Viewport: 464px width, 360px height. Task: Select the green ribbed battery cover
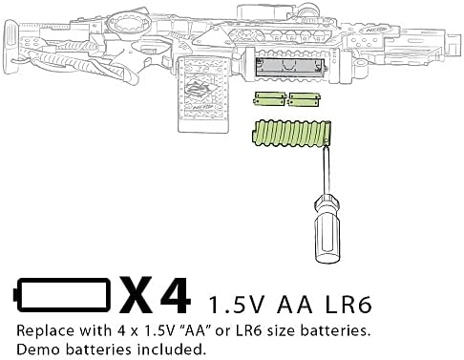click(291, 134)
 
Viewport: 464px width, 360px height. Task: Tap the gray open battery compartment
click(290, 68)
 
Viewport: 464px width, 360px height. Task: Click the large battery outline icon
click(62, 294)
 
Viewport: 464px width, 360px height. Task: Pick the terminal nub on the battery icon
click(14, 295)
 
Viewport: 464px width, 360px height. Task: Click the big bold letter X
click(137, 295)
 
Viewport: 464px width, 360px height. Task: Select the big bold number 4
click(176, 295)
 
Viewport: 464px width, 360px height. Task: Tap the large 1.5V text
click(236, 305)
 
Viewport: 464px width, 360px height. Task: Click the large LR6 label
click(348, 305)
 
